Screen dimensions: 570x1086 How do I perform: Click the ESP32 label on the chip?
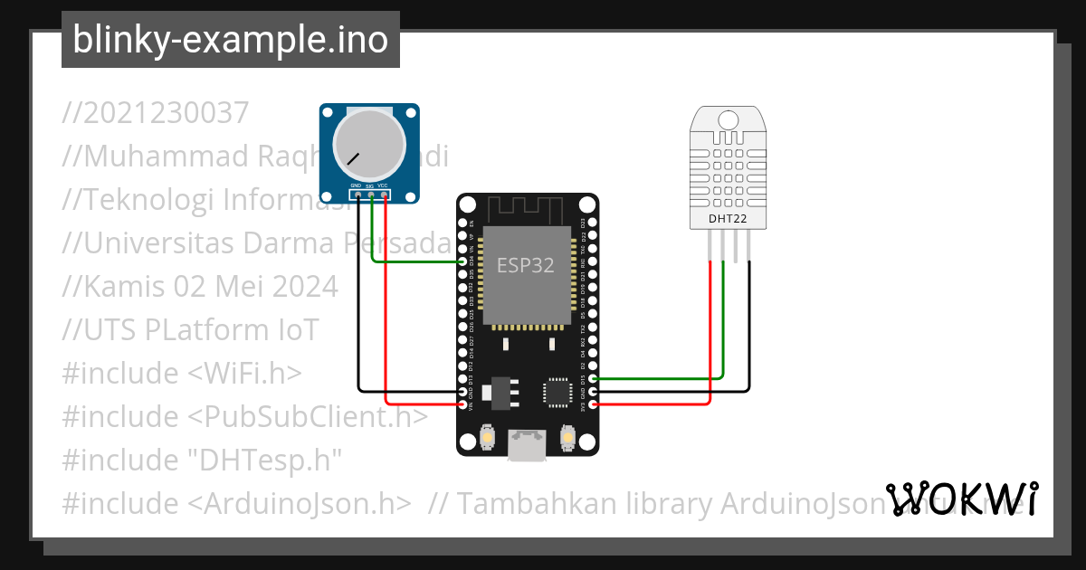pyautogui.click(x=525, y=265)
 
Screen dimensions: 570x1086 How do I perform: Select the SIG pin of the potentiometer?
pyautogui.click(x=371, y=194)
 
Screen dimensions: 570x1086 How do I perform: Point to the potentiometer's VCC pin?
pyautogui.click(x=385, y=194)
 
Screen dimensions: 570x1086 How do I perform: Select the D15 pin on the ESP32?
pyautogui.click(x=593, y=378)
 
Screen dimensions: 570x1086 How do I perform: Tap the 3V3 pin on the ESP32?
pyautogui.click(x=593, y=404)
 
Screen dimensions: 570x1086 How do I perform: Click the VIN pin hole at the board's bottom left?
pyautogui.click(x=463, y=404)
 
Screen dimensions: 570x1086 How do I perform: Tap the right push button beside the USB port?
pyautogui.click(x=567, y=438)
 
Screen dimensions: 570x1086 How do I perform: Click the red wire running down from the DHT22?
pyautogui.click(x=710, y=344)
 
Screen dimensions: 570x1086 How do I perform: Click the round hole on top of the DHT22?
pyautogui.click(x=728, y=119)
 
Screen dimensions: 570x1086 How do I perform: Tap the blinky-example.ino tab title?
pyautogui.click(x=230, y=40)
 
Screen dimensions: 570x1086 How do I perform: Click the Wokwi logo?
pyautogui.click(x=962, y=499)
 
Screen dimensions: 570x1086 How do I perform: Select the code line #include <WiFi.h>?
pyautogui.click(x=182, y=374)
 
